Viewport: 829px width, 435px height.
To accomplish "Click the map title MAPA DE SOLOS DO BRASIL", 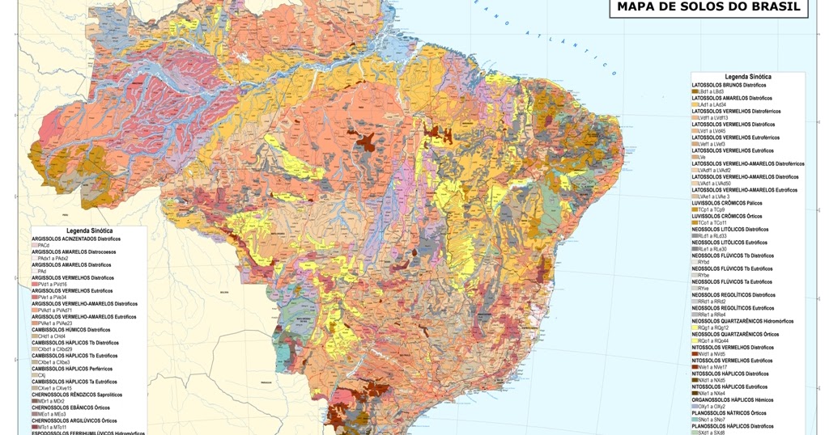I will click(708, 7).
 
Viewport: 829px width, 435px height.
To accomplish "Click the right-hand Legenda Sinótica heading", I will click(747, 77).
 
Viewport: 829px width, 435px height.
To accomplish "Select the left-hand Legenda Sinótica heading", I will click(89, 231).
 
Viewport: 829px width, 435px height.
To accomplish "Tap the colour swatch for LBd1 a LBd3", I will click(695, 91).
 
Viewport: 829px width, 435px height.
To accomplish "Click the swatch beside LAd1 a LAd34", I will click(695, 104).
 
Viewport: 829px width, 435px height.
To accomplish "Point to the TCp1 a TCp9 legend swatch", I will click(695, 209).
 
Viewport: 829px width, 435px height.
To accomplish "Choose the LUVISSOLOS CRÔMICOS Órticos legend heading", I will click(726, 216).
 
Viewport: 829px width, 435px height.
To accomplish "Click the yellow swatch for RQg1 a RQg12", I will click(695, 327).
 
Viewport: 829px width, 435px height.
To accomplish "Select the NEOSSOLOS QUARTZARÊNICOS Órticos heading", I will click(735, 334).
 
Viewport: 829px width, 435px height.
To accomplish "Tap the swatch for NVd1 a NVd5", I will click(695, 354).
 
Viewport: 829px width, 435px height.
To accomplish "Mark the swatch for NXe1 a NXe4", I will click(695, 393).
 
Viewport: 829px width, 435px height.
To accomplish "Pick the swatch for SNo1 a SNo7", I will click(695, 420).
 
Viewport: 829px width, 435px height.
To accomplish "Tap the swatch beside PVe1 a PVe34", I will click(35, 298).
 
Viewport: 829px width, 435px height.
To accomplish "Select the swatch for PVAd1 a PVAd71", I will click(35, 310).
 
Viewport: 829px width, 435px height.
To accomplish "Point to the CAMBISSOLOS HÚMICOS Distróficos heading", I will click(71, 330).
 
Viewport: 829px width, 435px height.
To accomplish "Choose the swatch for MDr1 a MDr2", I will click(35, 401).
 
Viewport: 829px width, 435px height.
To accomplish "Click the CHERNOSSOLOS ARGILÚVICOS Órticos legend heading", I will click(74, 420).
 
